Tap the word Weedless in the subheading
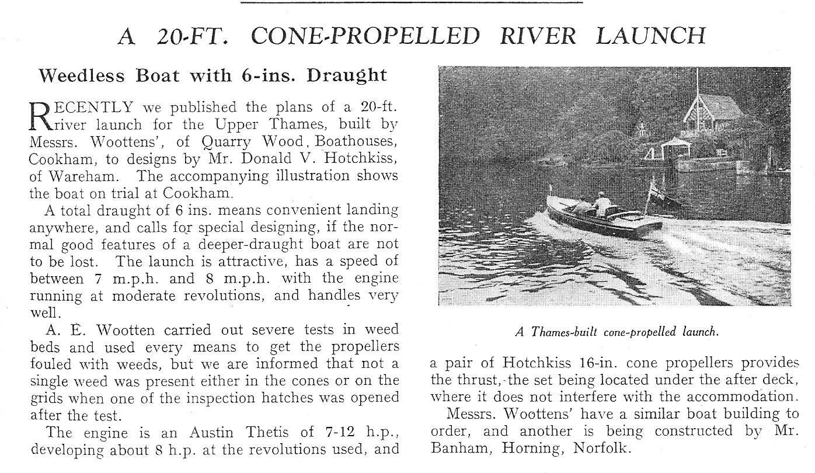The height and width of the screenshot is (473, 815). pos(81,75)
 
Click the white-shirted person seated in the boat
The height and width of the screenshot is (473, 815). pos(601,203)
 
